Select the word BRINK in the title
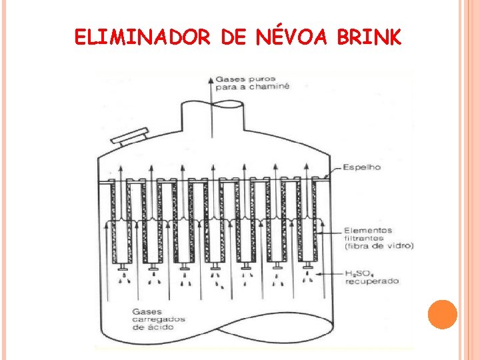click(x=369, y=37)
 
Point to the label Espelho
click(x=362, y=167)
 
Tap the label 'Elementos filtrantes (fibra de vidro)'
click(x=378, y=238)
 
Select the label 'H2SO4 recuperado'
click(x=371, y=277)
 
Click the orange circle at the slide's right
click(x=442, y=314)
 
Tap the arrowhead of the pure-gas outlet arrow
click(x=213, y=79)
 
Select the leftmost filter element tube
click(x=122, y=220)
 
